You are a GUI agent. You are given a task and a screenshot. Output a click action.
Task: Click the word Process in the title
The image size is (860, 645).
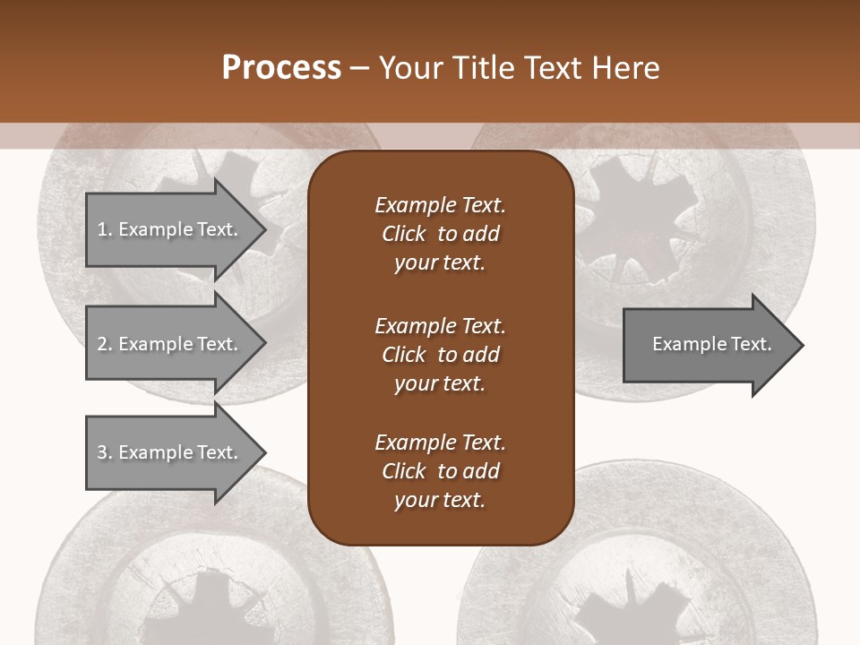[x=281, y=68]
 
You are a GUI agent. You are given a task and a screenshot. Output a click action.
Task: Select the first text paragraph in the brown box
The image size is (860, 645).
[x=440, y=234]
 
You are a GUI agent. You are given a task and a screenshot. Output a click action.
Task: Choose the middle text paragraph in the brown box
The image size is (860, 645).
[x=440, y=355]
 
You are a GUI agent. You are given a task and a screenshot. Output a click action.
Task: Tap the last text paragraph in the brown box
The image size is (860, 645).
[x=440, y=471]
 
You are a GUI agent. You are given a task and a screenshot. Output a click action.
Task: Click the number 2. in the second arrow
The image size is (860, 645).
[x=104, y=344]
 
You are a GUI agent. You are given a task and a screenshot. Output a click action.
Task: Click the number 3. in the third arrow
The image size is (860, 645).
[x=104, y=452]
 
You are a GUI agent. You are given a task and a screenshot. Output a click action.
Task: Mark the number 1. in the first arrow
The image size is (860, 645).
[x=104, y=229]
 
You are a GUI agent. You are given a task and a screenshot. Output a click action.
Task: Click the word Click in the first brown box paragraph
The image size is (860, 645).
[x=404, y=234]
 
